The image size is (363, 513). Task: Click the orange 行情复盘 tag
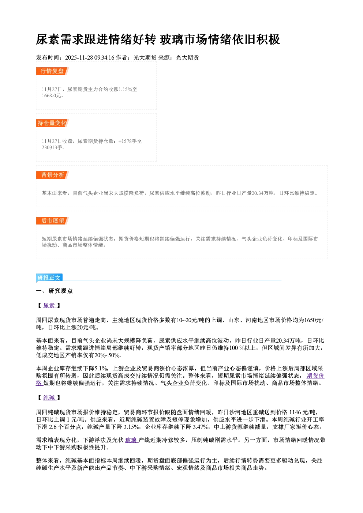[52, 71]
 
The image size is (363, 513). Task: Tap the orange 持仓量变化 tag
[52, 123]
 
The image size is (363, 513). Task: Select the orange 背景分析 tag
[52, 175]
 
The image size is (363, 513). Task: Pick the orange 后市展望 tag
[52, 220]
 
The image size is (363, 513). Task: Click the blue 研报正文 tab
[49, 278]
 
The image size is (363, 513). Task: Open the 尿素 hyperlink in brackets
[49, 306]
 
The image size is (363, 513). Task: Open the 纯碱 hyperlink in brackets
[49, 397]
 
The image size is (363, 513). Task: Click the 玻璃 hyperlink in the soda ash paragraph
[131, 440]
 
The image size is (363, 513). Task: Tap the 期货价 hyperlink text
[315, 376]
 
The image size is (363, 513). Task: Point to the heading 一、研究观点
[54, 291]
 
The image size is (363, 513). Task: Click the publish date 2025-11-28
[79, 58]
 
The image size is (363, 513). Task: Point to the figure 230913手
[52, 147]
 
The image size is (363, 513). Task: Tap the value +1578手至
[130, 141]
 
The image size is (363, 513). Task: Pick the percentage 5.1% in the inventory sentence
[101, 368]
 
